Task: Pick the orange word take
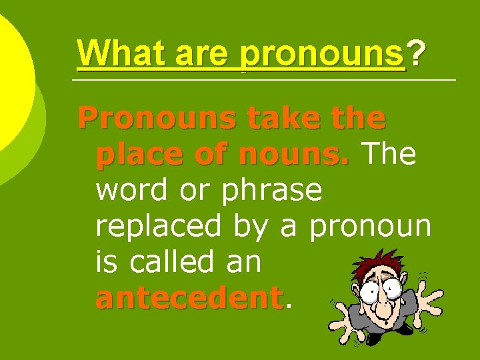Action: [x=276, y=119]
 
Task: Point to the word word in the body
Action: [x=131, y=191]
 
